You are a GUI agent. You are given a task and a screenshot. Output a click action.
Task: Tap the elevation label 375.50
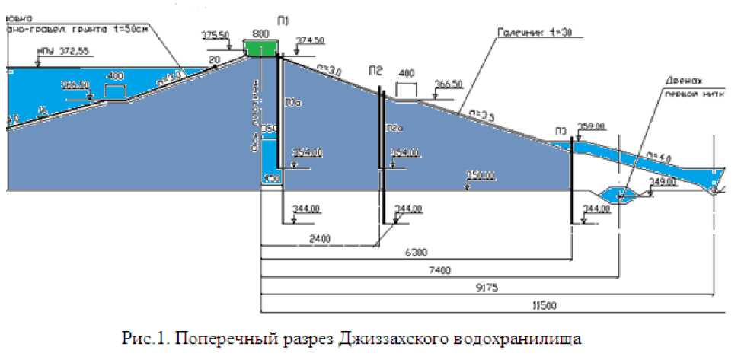coord(216,36)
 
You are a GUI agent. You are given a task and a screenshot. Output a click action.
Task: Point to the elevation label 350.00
coord(482,177)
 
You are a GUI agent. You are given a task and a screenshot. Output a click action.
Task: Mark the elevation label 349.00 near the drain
coord(663,181)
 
